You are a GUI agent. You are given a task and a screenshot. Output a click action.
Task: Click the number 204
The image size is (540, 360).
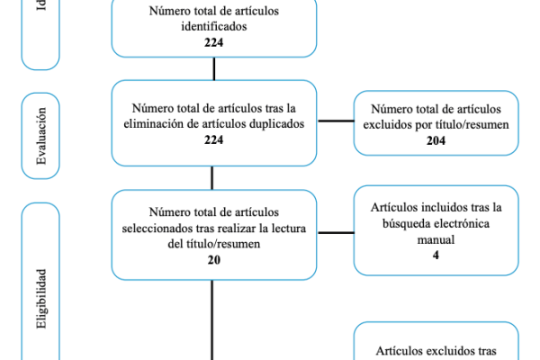(436, 140)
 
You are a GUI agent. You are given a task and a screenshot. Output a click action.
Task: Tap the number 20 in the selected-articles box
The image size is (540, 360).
(213, 259)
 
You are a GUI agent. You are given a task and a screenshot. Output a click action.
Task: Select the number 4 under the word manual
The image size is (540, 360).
(436, 255)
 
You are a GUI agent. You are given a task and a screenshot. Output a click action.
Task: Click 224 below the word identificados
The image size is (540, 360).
(213, 41)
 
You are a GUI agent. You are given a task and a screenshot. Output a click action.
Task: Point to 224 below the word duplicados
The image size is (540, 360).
(213, 139)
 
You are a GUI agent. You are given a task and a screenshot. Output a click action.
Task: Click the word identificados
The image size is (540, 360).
(213, 26)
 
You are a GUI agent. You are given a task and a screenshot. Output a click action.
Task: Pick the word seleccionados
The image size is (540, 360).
(157, 228)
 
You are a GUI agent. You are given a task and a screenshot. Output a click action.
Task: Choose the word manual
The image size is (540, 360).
(436, 239)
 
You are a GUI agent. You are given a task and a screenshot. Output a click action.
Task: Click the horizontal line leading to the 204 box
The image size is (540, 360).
(336, 123)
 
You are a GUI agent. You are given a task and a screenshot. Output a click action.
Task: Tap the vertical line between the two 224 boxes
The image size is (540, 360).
(213, 69)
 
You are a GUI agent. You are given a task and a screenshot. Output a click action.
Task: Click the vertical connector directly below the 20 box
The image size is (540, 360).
(213, 315)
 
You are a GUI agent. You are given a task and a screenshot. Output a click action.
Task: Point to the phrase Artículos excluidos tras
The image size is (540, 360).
(436, 353)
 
